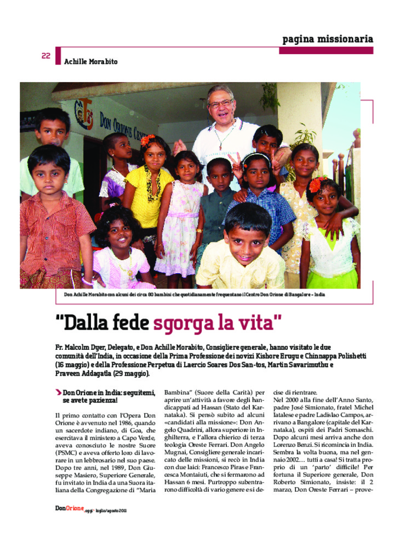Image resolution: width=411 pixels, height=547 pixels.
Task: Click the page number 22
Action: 46,55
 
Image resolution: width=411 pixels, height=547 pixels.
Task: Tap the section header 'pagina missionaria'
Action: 327,39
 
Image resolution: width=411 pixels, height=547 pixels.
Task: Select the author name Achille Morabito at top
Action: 90,62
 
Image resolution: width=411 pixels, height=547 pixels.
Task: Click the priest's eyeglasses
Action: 221,103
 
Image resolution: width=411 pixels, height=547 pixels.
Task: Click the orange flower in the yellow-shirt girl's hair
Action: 148,140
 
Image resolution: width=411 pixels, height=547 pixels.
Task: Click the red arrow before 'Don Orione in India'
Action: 58,392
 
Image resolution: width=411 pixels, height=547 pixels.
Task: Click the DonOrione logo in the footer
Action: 69,509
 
